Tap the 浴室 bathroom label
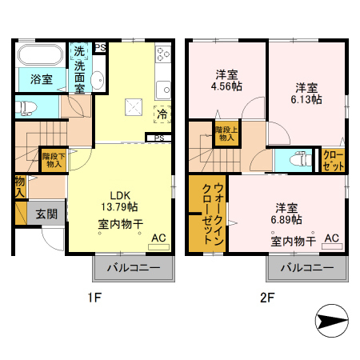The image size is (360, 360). (42, 80)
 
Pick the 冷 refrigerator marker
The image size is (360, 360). (162, 114)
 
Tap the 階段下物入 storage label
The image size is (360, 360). (53, 160)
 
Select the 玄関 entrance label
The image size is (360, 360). (45, 214)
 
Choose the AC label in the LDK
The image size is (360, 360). (158, 238)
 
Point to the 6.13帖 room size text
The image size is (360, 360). (307, 99)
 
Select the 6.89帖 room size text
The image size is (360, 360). (286, 218)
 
